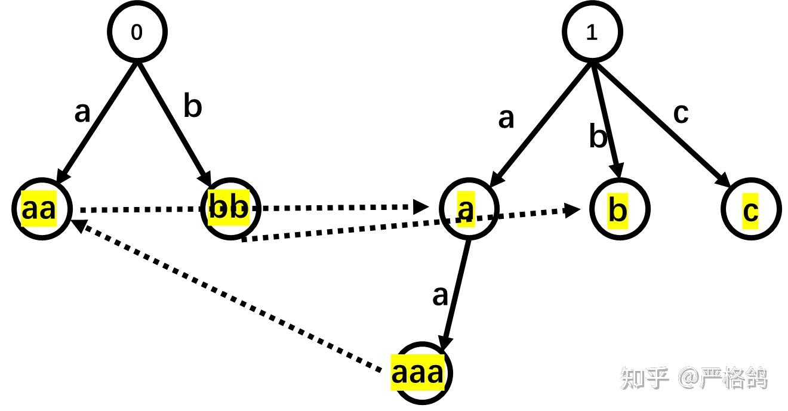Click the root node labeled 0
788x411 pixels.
[137, 32]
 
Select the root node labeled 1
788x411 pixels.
[592, 32]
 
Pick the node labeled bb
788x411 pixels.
[230, 209]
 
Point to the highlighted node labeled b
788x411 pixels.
[619, 210]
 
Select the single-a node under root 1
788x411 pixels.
[469, 208]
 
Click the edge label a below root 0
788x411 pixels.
[82, 112]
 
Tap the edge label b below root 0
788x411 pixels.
[192, 107]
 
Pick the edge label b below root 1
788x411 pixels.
[598, 137]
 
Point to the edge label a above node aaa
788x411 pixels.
[440, 295]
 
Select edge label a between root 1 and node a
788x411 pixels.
[506, 118]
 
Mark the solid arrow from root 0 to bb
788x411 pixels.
[174, 122]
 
